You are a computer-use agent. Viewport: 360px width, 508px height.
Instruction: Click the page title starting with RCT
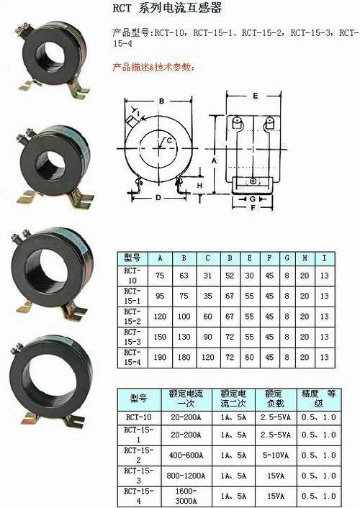167,8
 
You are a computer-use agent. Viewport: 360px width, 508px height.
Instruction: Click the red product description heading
154,67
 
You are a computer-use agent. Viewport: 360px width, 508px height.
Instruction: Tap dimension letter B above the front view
161,101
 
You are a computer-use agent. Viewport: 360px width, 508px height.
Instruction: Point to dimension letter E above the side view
256,96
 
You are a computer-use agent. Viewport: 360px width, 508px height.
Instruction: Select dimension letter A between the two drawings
214,160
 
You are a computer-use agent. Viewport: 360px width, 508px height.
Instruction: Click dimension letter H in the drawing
199,186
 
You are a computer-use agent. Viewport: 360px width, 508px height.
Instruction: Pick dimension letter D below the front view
158,197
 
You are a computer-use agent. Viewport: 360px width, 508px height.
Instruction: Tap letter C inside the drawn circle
168,140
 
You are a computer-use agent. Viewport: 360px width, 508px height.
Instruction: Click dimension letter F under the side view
253,207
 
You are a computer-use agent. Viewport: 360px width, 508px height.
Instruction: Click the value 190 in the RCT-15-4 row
160,357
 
